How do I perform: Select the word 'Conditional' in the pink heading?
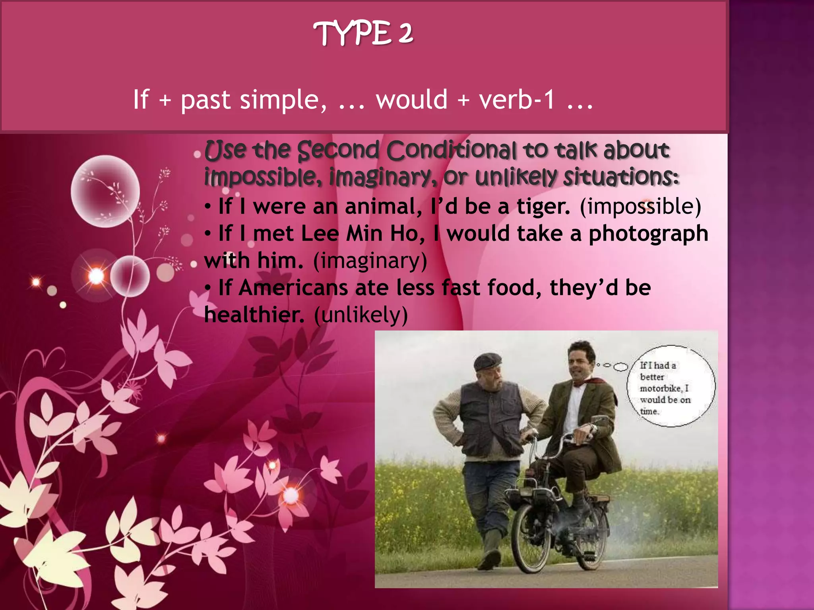click(451, 151)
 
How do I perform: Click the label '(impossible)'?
click(640, 207)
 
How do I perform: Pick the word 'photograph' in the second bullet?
click(648, 234)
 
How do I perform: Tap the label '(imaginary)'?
click(370, 261)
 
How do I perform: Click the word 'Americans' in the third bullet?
click(293, 288)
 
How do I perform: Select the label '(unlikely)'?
click(361, 315)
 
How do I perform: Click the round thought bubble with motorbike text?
click(671, 386)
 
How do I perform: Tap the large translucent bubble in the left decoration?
click(105, 191)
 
